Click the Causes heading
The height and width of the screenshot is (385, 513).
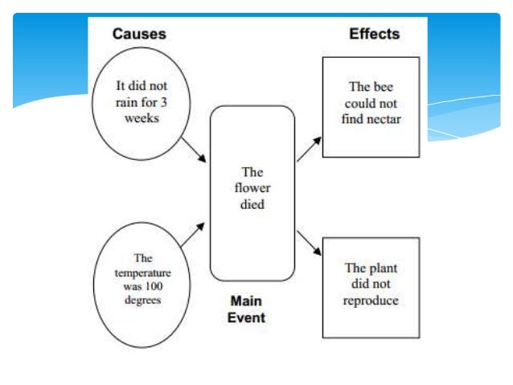[x=138, y=34]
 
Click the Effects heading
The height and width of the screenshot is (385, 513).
[x=374, y=34]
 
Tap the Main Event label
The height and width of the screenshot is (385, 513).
[x=248, y=309]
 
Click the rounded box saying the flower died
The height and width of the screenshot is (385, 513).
[x=252, y=192]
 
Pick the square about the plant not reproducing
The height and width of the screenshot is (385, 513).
[x=370, y=287]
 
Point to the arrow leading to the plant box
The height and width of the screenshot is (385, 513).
[x=310, y=243]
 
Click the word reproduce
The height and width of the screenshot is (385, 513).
[x=371, y=301]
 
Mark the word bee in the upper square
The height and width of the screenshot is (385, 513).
[x=380, y=87]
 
